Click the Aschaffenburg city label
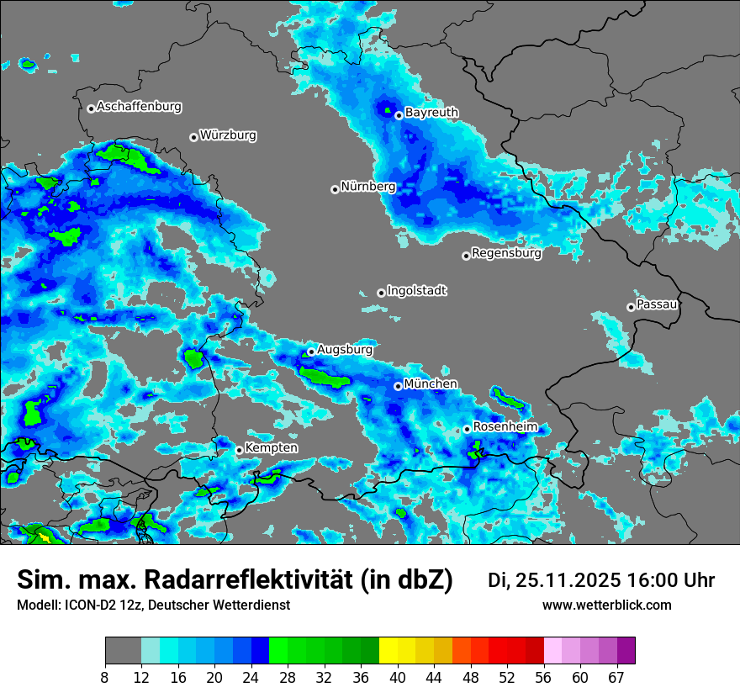(139, 107)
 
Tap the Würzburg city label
(228, 135)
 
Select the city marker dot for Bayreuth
(399, 115)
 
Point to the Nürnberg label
(368, 187)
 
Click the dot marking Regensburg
(466, 256)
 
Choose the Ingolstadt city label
(417, 291)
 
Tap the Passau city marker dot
(631, 307)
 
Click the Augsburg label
(345, 349)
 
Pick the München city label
(431, 384)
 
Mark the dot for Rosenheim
(467, 430)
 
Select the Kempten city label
(272, 448)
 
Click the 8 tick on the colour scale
(105, 678)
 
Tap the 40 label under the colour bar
(397, 678)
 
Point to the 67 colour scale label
(616, 678)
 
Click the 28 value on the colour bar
(288, 678)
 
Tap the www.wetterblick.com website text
(607, 605)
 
